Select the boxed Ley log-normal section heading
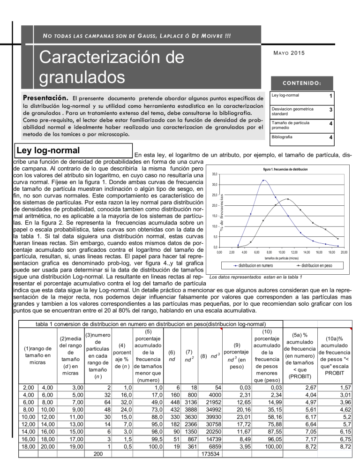[47, 151]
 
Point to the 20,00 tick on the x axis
[343, 252]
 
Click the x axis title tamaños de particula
[281, 258]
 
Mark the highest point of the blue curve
[263, 180]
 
